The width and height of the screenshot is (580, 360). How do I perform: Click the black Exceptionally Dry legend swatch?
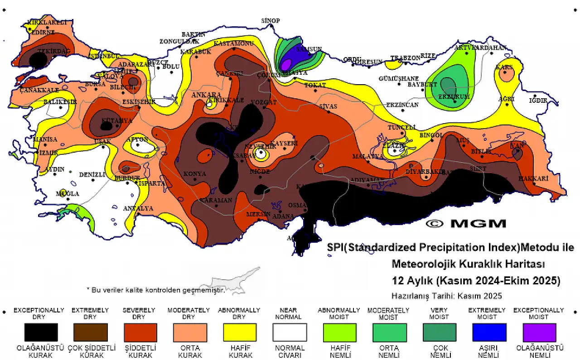pyautogui.click(x=42, y=332)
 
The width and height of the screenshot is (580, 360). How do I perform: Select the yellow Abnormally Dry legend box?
pyautogui.click(x=239, y=332)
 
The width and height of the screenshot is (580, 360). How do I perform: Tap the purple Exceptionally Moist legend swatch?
pyautogui.click(x=539, y=332)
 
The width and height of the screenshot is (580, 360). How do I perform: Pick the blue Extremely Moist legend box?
pyautogui.click(x=489, y=332)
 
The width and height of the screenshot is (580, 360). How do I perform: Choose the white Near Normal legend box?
pyautogui.click(x=288, y=332)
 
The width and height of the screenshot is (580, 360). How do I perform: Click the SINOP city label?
pyautogui.click(x=271, y=21)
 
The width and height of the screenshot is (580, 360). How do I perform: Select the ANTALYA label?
pyautogui.click(x=138, y=208)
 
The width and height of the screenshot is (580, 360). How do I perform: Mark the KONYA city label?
pyautogui.click(x=194, y=174)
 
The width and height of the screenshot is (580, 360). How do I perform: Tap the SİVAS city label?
pyautogui.click(x=328, y=106)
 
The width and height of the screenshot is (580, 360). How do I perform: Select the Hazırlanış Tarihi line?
pyautogui.click(x=446, y=296)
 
